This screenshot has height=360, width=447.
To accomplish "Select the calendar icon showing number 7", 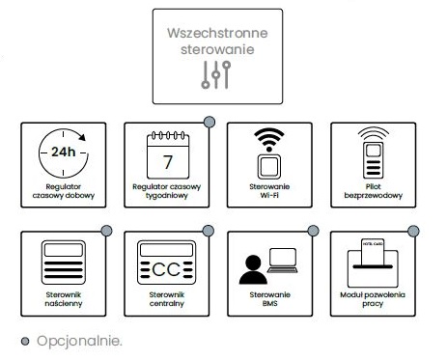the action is tap(166, 152).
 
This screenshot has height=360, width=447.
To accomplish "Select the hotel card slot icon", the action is tap(373, 258).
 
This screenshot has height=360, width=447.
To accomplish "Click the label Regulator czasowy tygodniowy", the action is tap(166, 193).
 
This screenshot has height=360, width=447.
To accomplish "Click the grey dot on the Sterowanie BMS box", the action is tap(312, 230).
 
